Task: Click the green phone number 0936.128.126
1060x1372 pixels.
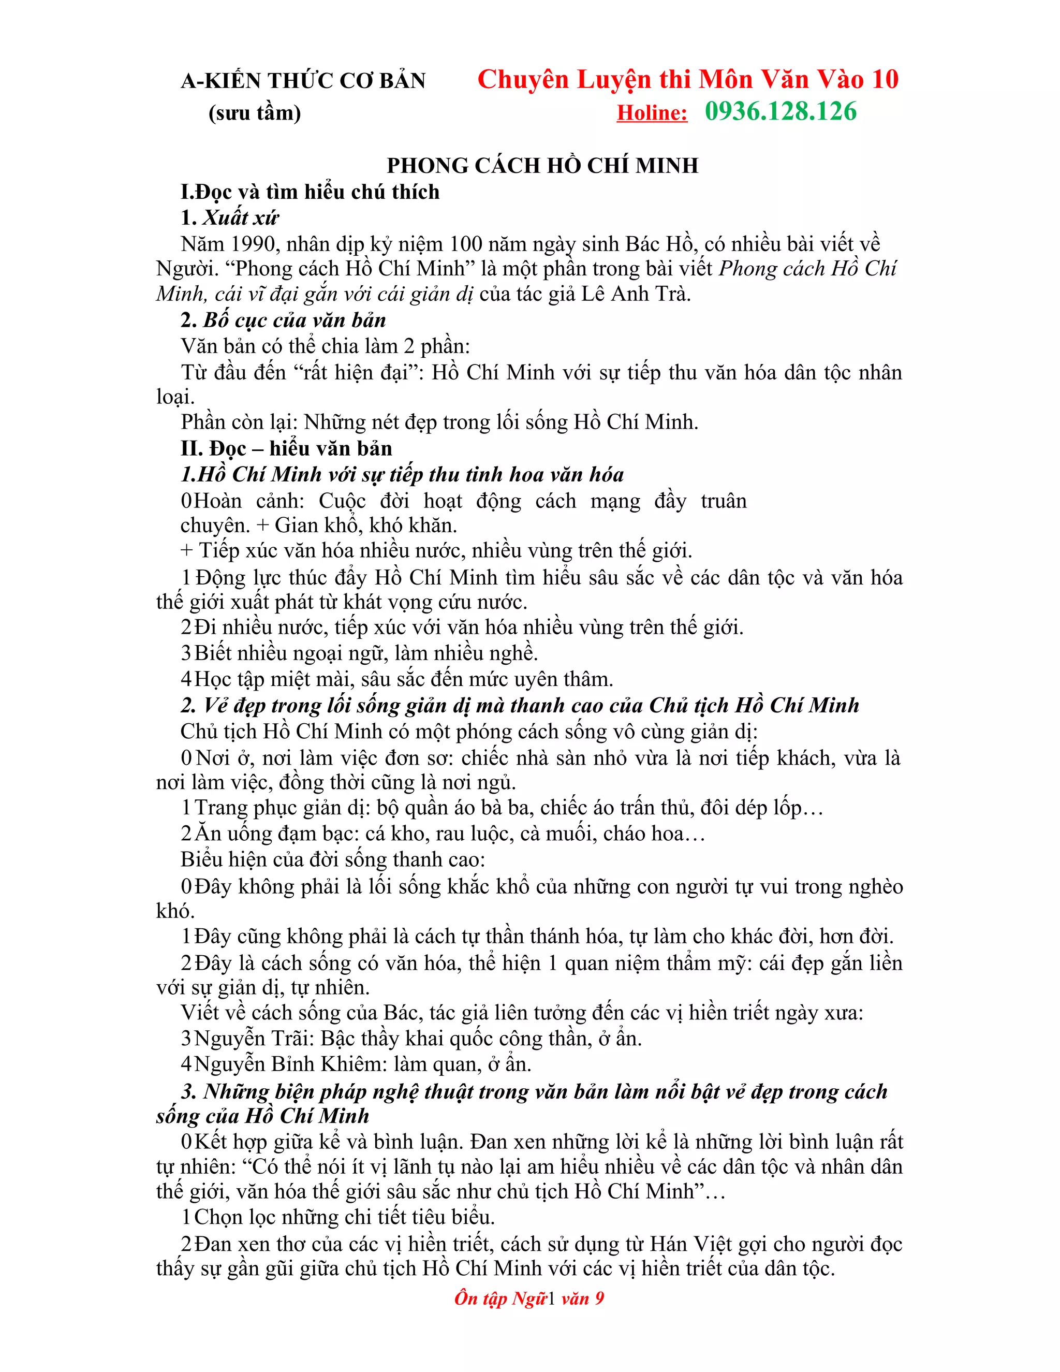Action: [x=781, y=112]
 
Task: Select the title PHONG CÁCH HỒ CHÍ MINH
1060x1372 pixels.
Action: [x=542, y=165]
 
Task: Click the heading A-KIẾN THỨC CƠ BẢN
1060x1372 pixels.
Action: [x=303, y=81]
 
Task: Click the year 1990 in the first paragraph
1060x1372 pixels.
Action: [x=253, y=244]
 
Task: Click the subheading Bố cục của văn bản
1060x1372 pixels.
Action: [x=294, y=320]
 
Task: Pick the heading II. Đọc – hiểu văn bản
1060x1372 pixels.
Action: [x=286, y=448]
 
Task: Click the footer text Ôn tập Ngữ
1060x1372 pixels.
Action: [x=500, y=1298]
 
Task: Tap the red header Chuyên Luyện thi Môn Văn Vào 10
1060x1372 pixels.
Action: [x=688, y=80]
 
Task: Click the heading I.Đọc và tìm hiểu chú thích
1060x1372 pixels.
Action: [x=310, y=192]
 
